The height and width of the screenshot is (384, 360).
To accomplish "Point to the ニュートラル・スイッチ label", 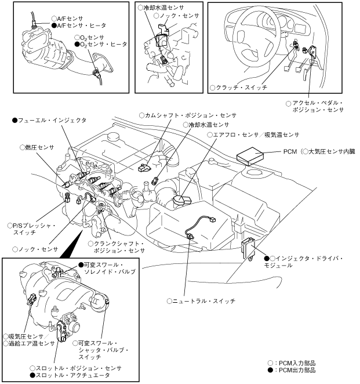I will click(202, 301).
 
